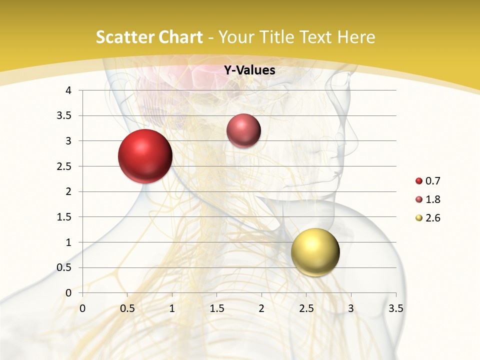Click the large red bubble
(x=145, y=156)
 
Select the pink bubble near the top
(x=243, y=131)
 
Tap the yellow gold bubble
(x=315, y=252)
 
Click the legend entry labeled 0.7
(x=428, y=181)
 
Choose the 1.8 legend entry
(x=428, y=199)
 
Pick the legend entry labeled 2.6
(x=428, y=218)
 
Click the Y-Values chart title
(x=249, y=70)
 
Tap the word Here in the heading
(x=355, y=37)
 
